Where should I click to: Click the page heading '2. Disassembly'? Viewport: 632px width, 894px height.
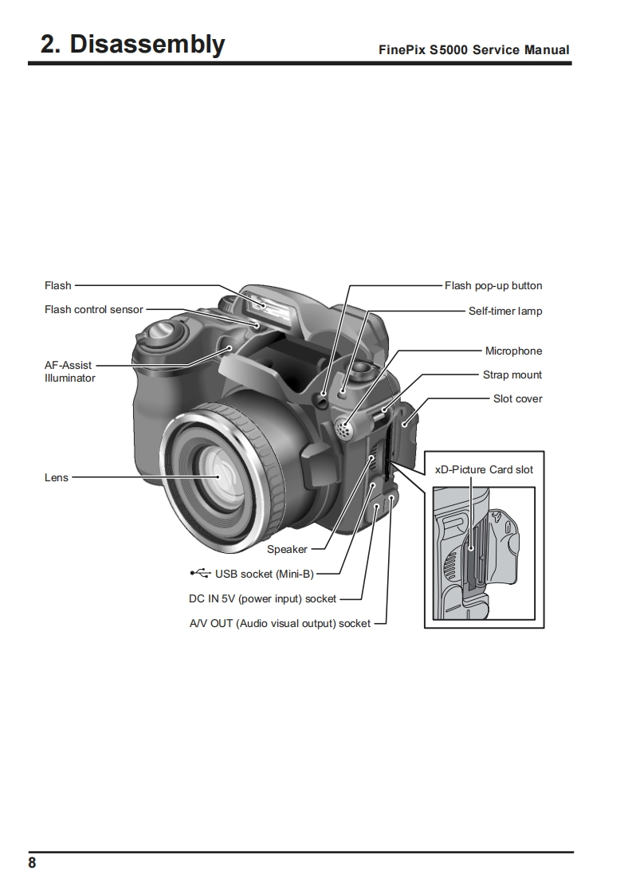[133, 44]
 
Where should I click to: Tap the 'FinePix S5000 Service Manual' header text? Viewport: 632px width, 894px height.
[473, 49]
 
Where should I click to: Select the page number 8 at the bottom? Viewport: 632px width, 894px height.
[32, 863]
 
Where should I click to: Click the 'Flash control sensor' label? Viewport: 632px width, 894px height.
[94, 309]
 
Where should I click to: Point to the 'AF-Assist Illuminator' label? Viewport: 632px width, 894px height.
[69, 371]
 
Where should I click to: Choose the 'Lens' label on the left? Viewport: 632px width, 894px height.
[57, 477]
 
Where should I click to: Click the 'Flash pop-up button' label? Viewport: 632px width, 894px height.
[493, 285]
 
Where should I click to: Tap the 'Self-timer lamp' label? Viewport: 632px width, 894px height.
[504, 311]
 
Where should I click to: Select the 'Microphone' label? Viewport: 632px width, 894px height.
[513, 351]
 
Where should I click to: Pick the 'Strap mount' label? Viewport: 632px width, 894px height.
[512, 374]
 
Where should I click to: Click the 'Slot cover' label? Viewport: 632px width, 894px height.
[517, 398]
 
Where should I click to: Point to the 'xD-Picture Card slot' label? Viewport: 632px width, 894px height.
[484, 469]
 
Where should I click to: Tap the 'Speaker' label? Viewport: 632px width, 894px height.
[287, 549]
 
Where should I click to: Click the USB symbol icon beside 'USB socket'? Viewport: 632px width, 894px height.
[201, 573]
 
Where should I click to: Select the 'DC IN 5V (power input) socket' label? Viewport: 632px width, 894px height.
[257, 598]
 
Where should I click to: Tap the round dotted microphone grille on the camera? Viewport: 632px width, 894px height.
[344, 429]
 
